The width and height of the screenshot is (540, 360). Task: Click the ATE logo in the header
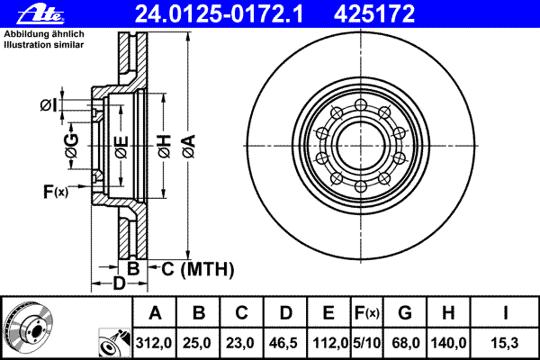[x=40, y=14]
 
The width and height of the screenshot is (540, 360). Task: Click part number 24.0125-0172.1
[x=219, y=14]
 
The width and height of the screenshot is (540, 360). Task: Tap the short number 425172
[x=374, y=14]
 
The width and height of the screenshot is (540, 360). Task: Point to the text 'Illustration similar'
[x=44, y=45]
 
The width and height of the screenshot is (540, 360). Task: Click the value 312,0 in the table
[x=154, y=343]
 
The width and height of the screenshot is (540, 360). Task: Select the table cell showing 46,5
[x=283, y=343]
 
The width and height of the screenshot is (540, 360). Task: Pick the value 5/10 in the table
[x=367, y=343]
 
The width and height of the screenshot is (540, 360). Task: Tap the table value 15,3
[x=505, y=343]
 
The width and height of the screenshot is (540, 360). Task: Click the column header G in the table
[x=405, y=313]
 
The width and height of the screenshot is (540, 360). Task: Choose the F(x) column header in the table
[x=367, y=313]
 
